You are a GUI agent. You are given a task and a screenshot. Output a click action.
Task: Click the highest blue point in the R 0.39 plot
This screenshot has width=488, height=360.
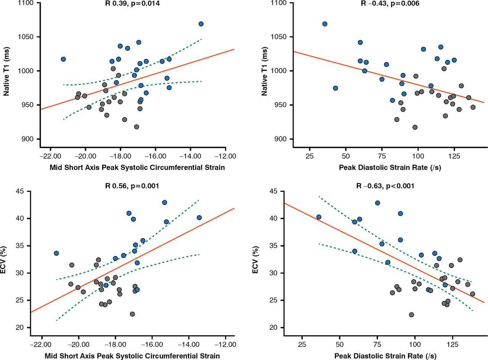tap(201, 24)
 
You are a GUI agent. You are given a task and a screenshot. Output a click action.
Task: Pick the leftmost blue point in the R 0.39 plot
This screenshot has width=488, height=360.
tap(63, 59)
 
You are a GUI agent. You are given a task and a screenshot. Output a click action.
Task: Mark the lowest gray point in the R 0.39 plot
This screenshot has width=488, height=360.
tap(136, 127)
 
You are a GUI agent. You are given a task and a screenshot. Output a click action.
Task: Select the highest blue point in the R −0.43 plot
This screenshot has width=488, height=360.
tap(325, 24)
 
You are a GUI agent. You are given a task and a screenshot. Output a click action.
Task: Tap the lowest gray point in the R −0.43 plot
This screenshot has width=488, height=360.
tap(415, 127)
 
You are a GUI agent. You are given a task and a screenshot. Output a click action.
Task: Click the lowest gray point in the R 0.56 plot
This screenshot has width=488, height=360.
tap(132, 314)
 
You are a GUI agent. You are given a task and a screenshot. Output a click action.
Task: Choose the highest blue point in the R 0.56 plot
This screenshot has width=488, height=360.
tap(165, 202)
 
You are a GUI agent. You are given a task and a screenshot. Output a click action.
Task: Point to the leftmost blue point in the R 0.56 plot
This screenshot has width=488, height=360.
tap(56, 253)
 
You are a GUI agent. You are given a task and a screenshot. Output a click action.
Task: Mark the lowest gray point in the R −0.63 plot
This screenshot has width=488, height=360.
tap(411, 315)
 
